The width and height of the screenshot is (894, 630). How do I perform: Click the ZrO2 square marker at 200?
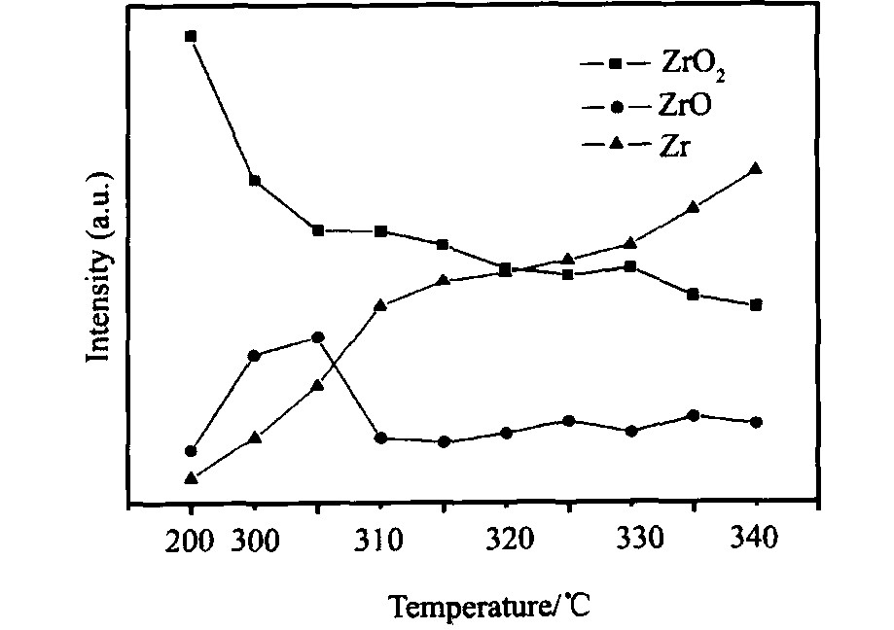click(x=191, y=37)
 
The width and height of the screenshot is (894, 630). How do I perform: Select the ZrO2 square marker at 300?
click(x=254, y=181)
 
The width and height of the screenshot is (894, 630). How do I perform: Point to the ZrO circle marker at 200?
click(x=191, y=451)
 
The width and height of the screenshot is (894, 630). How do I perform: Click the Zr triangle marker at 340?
click(x=756, y=169)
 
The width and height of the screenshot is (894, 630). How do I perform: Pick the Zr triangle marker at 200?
click(x=191, y=478)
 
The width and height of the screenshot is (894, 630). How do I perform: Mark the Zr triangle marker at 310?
click(x=380, y=305)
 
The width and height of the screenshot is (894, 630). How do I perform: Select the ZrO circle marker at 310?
click(x=380, y=438)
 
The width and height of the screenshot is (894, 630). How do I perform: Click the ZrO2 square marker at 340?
click(x=756, y=304)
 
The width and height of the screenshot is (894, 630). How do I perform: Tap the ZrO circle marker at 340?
click(x=756, y=422)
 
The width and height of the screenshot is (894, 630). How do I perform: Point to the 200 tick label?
click(x=192, y=540)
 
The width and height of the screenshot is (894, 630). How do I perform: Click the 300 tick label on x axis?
click(x=254, y=540)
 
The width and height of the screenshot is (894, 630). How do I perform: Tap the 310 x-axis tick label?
click(x=380, y=540)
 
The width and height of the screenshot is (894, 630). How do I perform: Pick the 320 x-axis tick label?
click(x=506, y=540)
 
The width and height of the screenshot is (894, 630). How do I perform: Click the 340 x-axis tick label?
click(x=756, y=540)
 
